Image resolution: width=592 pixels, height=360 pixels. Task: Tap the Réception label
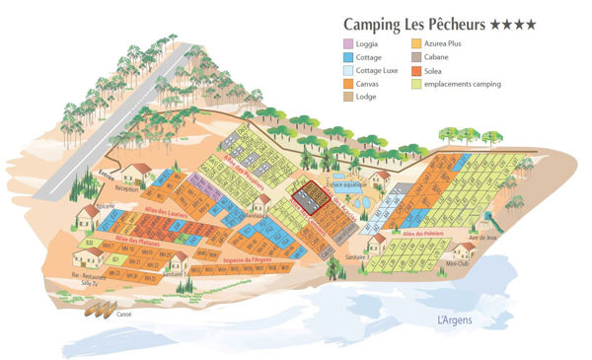[x=129, y=186]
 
